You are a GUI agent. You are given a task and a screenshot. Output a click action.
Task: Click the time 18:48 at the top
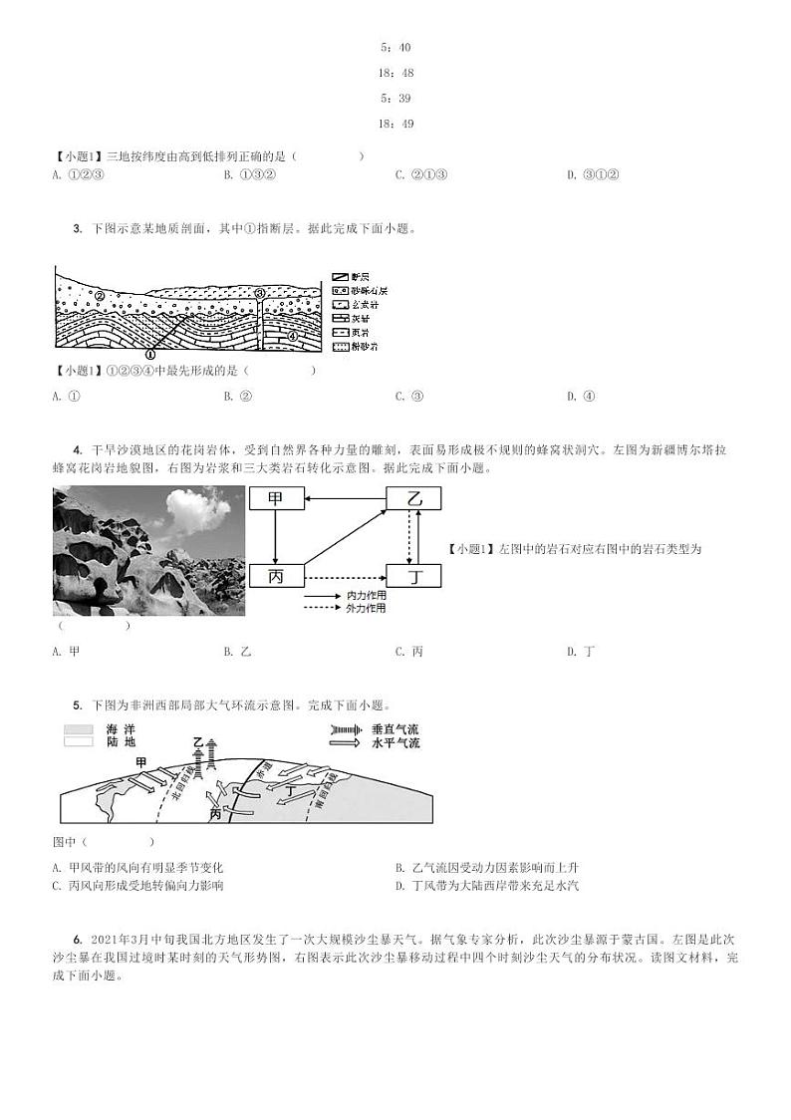click(395, 73)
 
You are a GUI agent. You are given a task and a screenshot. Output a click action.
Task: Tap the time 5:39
click(395, 99)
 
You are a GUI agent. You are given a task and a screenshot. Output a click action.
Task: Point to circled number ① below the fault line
click(150, 354)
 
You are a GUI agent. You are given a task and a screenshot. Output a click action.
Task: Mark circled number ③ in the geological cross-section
click(259, 294)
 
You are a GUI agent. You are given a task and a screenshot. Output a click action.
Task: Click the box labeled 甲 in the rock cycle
click(276, 500)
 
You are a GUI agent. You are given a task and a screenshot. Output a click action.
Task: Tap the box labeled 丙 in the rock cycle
click(276, 576)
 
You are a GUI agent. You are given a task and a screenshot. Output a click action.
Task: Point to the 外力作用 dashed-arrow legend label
click(366, 608)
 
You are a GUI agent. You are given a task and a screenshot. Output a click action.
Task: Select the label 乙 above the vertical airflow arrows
click(197, 742)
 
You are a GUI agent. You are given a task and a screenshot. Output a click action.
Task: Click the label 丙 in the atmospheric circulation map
click(216, 813)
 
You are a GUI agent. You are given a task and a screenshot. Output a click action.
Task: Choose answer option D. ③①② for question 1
click(594, 175)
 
